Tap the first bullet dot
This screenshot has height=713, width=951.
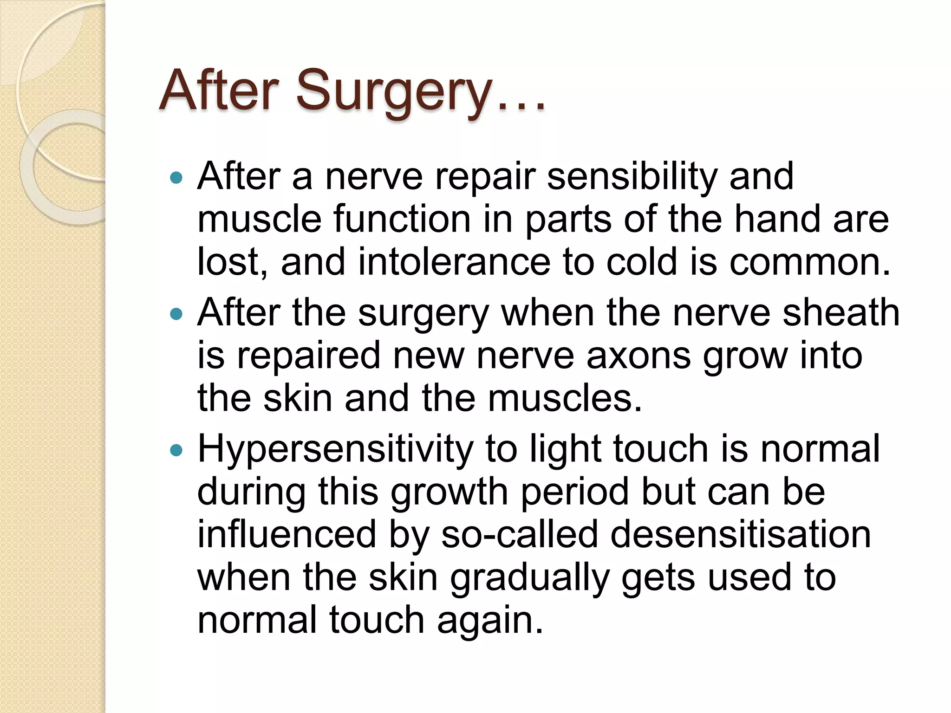176,177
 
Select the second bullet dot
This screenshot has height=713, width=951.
176,314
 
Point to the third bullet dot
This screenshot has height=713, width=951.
176,450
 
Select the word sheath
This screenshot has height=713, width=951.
841,313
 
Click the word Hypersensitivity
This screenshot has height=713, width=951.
335,450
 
